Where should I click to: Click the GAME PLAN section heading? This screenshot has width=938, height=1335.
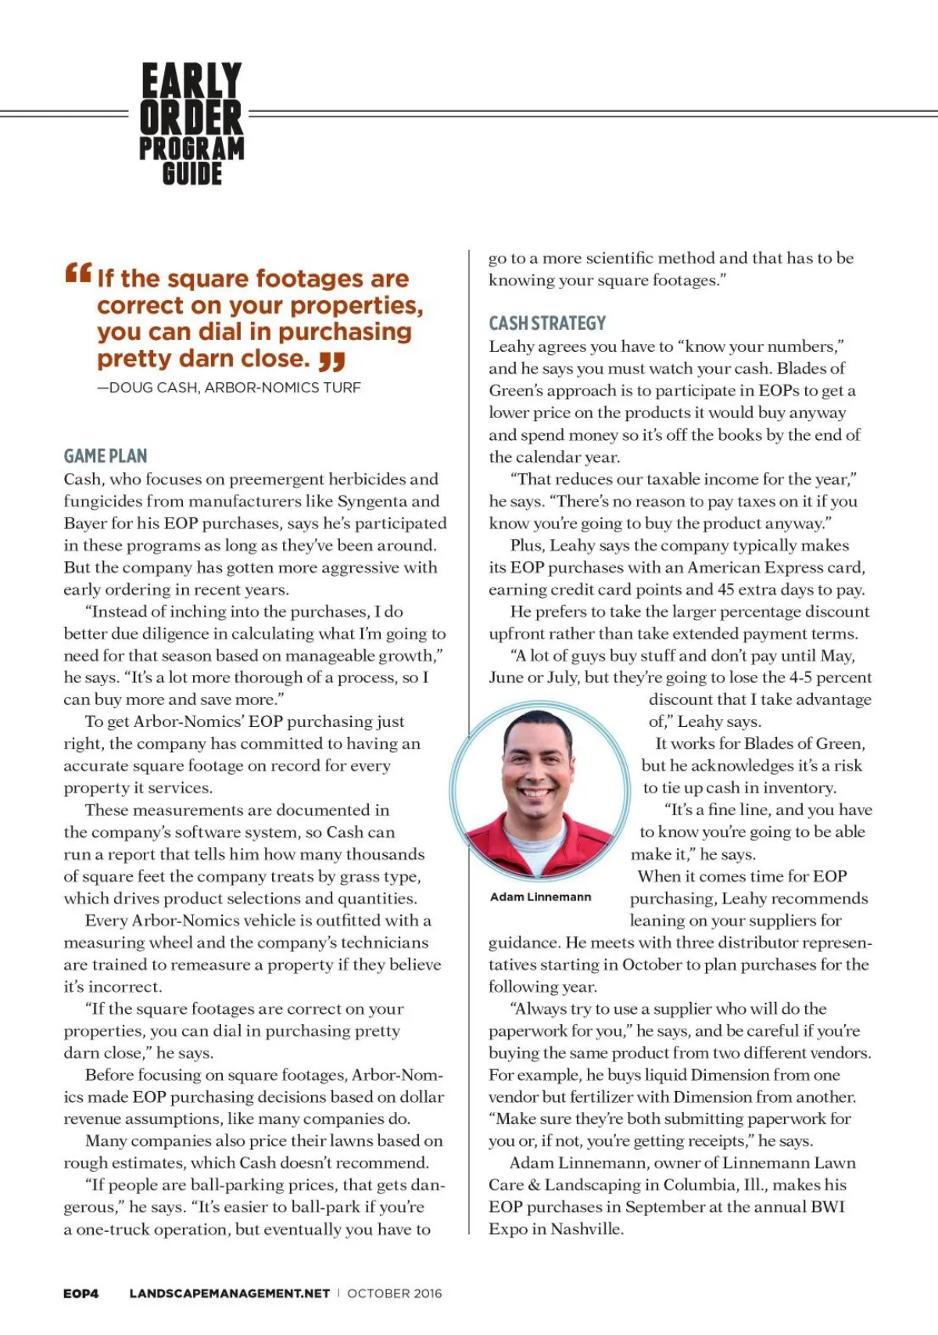pyautogui.click(x=106, y=456)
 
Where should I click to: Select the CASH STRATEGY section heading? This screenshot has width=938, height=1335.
pyautogui.click(x=547, y=323)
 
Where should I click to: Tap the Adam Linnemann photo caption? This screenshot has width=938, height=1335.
pyautogui.click(x=540, y=897)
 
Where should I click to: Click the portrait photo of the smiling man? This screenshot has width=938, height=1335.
pyautogui.click(x=538, y=792)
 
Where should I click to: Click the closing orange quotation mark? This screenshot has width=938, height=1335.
pyautogui.click(x=332, y=361)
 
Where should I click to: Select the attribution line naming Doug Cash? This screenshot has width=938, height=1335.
pyautogui.click(x=229, y=388)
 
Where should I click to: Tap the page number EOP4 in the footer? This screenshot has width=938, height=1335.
pyautogui.click(x=81, y=1294)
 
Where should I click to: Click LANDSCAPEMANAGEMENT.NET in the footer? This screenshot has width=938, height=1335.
pyautogui.click(x=229, y=1294)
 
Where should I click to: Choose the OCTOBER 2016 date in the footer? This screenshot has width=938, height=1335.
pyautogui.click(x=395, y=1294)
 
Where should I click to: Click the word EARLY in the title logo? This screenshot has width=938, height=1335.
pyautogui.click(x=192, y=81)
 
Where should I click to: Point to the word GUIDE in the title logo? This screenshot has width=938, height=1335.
pyautogui.click(x=192, y=174)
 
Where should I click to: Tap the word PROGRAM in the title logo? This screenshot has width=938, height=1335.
pyautogui.click(x=192, y=149)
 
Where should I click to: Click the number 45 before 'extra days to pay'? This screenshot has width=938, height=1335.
pyautogui.click(x=727, y=589)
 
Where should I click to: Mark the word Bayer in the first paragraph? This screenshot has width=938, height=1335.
pyautogui.click(x=87, y=523)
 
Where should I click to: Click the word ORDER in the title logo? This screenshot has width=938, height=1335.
pyautogui.click(x=192, y=117)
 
